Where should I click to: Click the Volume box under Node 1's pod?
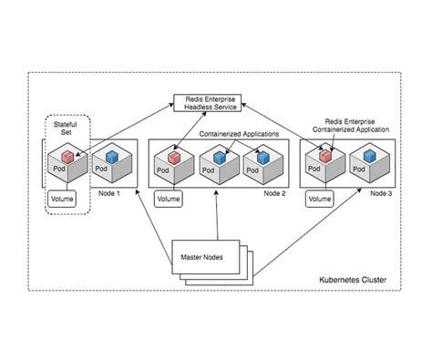pyautogui.click(x=64, y=197)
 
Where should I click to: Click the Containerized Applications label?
pyautogui.click(x=238, y=134)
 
